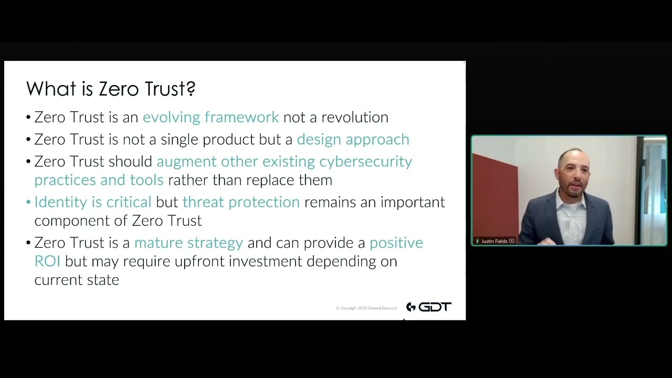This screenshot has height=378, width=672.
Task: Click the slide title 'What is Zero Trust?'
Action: [x=111, y=89]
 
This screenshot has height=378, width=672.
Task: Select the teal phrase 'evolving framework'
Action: [x=211, y=117]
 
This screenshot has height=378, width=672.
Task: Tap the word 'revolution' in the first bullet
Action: [x=355, y=117]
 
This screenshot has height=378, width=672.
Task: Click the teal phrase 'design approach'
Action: [x=353, y=139]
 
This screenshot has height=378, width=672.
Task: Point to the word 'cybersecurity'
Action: [x=365, y=161]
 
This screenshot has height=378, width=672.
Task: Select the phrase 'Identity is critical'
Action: [x=92, y=202]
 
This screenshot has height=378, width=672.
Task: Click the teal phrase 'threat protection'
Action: [x=241, y=202]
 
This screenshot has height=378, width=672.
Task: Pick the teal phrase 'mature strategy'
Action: [x=188, y=243]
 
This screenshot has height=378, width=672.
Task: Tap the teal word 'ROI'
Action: [x=47, y=261]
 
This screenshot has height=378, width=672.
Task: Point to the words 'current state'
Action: [x=77, y=280]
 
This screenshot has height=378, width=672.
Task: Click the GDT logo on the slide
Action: [x=428, y=307]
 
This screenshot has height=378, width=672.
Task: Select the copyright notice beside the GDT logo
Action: [x=366, y=308]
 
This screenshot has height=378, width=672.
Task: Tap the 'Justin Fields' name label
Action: [x=494, y=241]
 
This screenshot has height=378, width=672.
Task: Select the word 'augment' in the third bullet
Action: [x=186, y=161]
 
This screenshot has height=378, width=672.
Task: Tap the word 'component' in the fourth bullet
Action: [x=67, y=220]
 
